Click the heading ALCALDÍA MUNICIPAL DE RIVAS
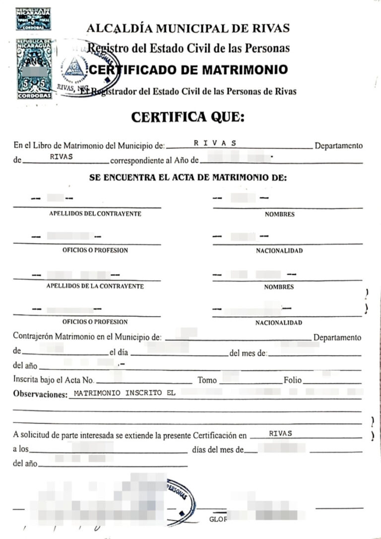(188, 28)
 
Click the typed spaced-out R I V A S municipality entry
(214, 143)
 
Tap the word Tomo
(207, 380)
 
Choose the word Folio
(292, 380)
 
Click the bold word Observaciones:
(40, 395)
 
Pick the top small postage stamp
(33, 19)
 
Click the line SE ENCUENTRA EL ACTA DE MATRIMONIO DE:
(188, 177)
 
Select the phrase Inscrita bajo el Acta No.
(54, 380)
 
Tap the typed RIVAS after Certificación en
(280, 433)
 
